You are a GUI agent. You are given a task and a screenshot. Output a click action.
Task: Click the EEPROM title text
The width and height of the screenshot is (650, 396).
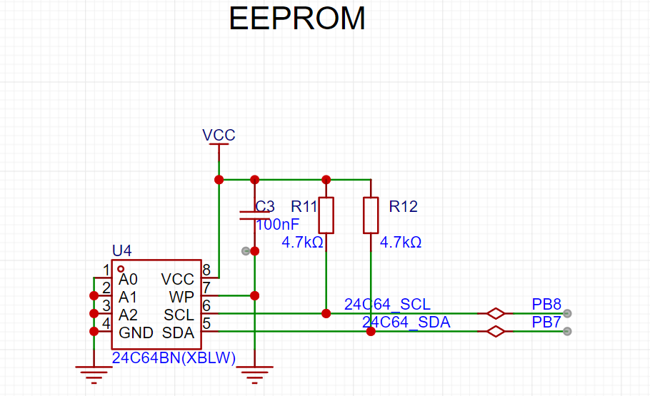click(x=297, y=19)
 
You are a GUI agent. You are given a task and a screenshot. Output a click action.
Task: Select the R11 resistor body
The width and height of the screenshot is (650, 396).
click(x=326, y=215)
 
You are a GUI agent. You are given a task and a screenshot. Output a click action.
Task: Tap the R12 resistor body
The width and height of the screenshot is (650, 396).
click(x=371, y=215)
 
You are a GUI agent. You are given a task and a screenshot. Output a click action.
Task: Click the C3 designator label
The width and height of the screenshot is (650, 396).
click(x=265, y=206)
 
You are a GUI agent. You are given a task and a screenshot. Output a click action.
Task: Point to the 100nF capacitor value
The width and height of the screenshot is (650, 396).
click(x=277, y=225)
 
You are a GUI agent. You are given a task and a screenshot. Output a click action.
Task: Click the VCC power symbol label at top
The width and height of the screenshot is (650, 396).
click(x=219, y=135)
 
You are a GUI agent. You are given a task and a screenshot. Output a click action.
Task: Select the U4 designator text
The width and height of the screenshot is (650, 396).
click(x=122, y=250)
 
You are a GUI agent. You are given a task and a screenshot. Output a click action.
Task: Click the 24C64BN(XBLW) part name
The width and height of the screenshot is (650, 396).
click(x=174, y=358)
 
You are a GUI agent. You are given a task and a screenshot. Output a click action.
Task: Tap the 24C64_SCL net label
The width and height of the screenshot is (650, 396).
click(x=387, y=305)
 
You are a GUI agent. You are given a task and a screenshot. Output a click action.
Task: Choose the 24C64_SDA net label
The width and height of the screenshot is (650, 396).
click(x=406, y=323)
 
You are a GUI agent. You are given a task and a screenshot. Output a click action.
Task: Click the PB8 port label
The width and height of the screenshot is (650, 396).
click(x=546, y=305)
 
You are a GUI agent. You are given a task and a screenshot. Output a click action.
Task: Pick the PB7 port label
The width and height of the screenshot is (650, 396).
click(x=546, y=323)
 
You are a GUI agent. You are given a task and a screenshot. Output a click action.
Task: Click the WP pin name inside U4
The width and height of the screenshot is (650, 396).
click(x=181, y=297)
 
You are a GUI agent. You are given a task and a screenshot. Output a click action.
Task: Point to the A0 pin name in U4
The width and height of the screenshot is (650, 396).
click(x=128, y=280)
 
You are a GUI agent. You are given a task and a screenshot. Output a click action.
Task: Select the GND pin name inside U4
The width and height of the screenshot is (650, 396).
click(x=136, y=332)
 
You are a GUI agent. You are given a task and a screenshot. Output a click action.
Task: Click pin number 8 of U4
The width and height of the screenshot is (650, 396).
click(x=206, y=270)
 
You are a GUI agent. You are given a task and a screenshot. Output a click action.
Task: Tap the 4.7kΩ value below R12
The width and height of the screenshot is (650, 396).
click(x=401, y=243)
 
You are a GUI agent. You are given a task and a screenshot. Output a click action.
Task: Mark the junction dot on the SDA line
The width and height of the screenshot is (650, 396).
click(x=371, y=331)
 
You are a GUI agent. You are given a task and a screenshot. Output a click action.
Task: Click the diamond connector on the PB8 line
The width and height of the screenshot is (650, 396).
click(x=496, y=313)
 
